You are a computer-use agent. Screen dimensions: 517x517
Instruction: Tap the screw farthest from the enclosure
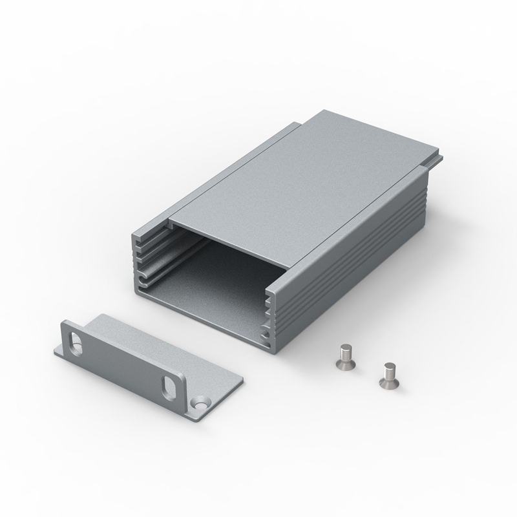[388, 375]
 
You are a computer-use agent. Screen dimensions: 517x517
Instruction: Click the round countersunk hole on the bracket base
[200, 403]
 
